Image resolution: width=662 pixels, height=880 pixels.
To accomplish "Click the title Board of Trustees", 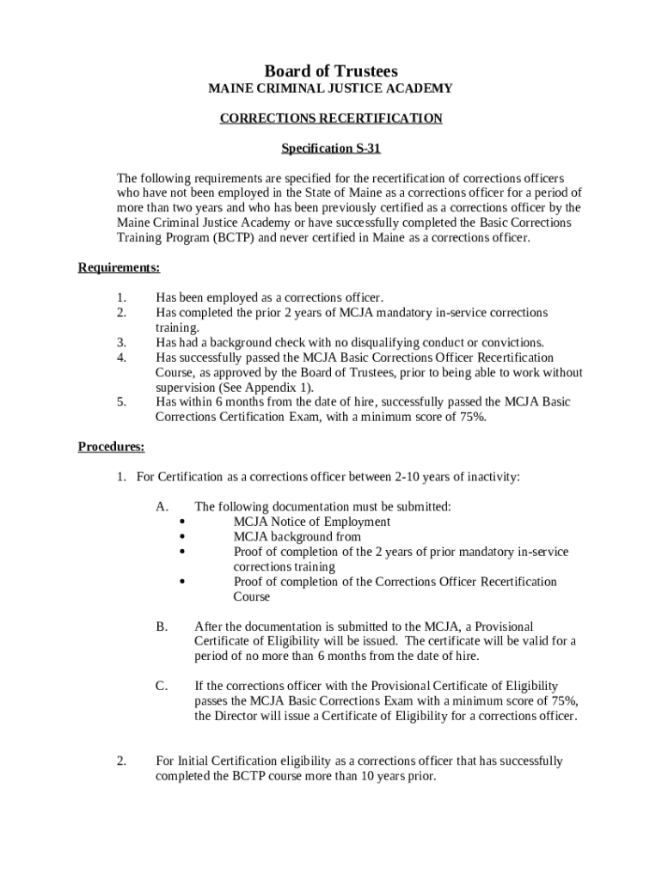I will (x=330, y=70).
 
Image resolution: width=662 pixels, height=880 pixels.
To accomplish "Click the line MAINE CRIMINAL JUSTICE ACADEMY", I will (x=330, y=89).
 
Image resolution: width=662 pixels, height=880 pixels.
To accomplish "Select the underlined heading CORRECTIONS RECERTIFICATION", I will (x=330, y=119).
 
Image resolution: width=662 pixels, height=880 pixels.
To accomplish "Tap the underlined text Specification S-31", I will (x=330, y=149).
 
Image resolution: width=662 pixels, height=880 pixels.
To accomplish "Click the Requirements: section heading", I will (x=119, y=268).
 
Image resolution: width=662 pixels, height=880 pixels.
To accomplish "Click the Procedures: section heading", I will (x=111, y=447).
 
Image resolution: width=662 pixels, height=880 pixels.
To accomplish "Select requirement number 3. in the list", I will (x=121, y=343).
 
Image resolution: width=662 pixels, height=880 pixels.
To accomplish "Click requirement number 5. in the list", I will (x=121, y=402).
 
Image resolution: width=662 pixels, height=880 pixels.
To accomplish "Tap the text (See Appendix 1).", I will (x=265, y=388).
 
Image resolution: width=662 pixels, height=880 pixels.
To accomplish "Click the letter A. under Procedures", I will (x=162, y=507).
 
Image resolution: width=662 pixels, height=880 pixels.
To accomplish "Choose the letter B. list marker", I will (x=162, y=626).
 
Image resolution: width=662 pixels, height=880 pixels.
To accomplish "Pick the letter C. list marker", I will (x=162, y=686).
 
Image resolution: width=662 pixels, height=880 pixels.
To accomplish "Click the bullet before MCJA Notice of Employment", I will (x=183, y=522).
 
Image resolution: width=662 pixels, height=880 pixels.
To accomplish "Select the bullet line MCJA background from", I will (x=297, y=537).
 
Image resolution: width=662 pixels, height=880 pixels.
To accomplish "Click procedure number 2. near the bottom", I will (x=121, y=761).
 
